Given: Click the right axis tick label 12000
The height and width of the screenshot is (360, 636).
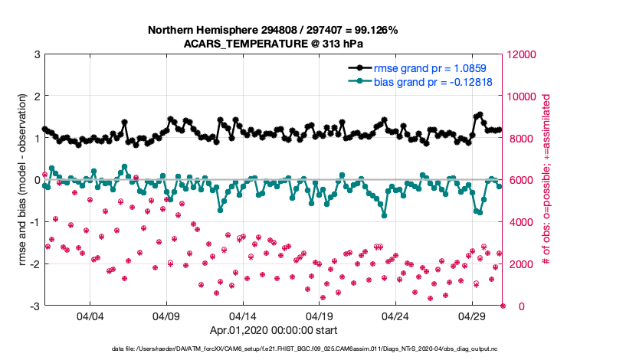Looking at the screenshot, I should (521, 54).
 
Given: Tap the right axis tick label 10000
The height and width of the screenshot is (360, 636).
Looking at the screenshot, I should (521, 97).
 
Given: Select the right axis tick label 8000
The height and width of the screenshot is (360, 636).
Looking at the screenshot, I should (519, 139).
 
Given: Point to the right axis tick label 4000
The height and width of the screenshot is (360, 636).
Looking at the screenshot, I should (519, 222).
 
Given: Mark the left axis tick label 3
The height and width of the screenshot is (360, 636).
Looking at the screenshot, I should (37, 54).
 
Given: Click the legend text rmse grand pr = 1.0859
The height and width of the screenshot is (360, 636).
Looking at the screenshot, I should (434, 67).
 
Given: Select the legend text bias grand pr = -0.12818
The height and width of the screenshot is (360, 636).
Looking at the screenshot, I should (433, 81).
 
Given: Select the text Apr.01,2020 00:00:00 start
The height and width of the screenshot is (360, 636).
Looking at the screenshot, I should (273, 331).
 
